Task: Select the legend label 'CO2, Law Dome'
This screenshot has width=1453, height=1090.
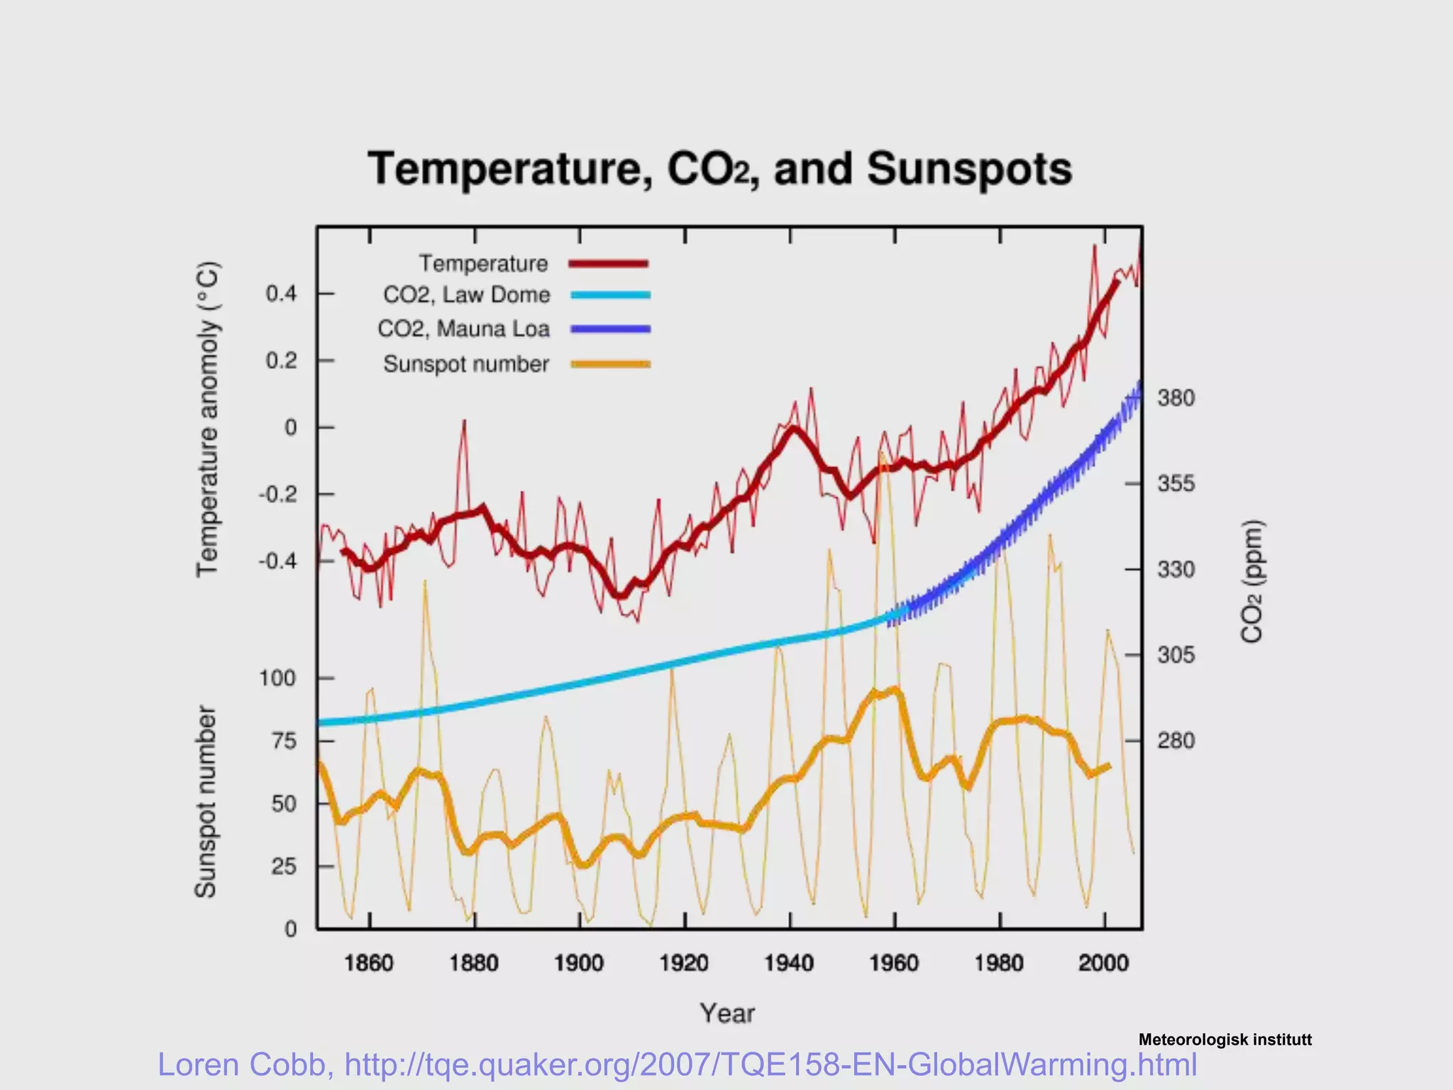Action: (466, 295)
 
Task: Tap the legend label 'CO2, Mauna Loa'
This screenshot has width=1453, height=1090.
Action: (463, 329)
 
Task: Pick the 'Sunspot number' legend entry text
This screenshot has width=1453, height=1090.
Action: (466, 364)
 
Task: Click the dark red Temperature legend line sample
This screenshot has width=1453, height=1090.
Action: (609, 264)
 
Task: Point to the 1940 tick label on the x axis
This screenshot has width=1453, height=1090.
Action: (788, 964)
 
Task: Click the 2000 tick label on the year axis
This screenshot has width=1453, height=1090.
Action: (1103, 964)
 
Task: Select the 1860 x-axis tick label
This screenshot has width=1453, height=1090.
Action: (368, 964)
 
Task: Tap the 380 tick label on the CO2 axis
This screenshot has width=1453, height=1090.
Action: (1176, 399)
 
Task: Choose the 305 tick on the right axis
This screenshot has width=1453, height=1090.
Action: (1176, 655)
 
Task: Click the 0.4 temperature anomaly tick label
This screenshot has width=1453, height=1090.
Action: (281, 294)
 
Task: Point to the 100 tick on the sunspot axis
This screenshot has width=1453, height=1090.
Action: (277, 678)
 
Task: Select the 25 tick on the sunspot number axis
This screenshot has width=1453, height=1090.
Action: (283, 866)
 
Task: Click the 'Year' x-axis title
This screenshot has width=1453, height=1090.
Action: (727, 1013)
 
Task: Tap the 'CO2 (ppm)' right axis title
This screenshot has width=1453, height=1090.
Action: (1252, 582)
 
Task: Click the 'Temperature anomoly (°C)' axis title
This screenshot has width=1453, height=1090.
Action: (207, 419)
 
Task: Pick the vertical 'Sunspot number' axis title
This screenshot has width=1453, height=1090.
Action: (205, 802)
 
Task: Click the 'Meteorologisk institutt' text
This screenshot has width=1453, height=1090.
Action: (1225, 1040)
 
